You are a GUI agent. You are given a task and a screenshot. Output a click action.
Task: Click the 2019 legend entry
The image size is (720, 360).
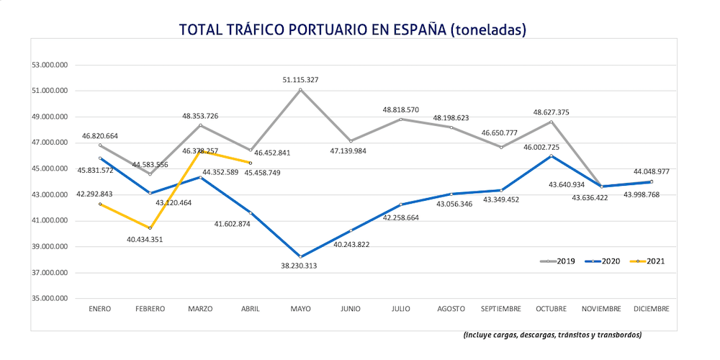click(x=557, y=261)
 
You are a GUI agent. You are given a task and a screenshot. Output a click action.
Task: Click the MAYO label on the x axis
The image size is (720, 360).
click(x=300, y=308)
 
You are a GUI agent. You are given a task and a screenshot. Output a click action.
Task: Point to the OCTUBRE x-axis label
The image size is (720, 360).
click(x=550, y=308)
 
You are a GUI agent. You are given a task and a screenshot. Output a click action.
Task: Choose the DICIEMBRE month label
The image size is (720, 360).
click(x=651, y=308)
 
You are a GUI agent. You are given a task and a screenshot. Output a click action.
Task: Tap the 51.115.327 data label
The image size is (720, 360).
click(x=300, y=80)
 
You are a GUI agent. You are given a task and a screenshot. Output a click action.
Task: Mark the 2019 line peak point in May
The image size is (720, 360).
click(x=300, y=90)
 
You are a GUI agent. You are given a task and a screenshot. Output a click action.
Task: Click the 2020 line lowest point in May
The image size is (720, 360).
click(x=300, y=256)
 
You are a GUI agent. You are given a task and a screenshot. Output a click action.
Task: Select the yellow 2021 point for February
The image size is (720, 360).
click(x=150, y=228)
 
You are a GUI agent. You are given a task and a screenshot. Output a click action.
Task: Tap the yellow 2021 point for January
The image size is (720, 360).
click(x=100, y=204)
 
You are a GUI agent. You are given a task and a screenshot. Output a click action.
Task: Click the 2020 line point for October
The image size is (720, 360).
click(x=551, y=156)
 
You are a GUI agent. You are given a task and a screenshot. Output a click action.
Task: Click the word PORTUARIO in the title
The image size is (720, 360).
click(x=326, y=30)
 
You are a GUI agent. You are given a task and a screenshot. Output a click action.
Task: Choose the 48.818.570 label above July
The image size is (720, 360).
click(x=400, y=109)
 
